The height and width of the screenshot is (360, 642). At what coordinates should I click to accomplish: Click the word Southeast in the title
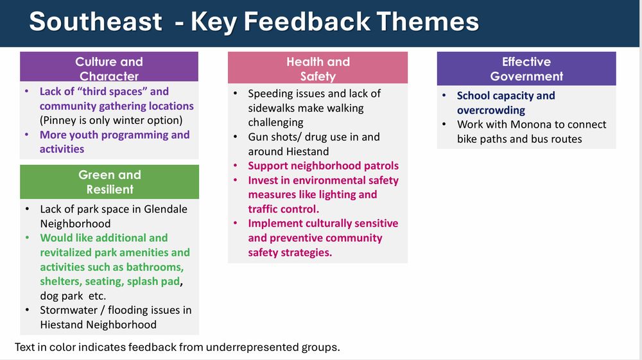pos(96,21)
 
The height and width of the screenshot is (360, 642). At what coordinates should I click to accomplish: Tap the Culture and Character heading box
pos(109,67)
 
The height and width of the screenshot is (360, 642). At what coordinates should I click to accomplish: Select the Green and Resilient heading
pos(109,182)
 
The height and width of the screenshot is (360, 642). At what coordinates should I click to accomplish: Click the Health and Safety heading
pos(318,68)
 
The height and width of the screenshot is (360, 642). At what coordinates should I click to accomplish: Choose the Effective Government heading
pos(526,69)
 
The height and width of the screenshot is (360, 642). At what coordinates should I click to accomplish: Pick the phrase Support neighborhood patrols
pos(323,166)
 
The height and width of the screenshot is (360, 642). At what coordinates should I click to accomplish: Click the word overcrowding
pos(491,110)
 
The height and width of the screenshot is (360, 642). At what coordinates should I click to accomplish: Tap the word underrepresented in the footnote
pos(252,347)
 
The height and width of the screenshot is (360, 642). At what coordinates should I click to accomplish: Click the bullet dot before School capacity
pos(444,96)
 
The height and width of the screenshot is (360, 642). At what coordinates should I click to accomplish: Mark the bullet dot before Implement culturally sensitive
pos(236,223)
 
